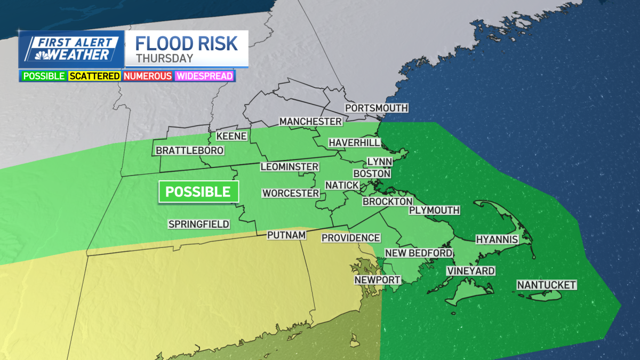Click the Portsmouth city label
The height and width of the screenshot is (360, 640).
[x=377, y=108]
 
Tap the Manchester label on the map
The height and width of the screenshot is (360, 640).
[x=310, y=122]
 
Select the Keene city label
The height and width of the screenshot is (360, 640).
[x=231, y=136]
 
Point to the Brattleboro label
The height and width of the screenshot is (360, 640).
[x=189, y=151]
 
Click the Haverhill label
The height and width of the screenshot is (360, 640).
[x=354, y=142]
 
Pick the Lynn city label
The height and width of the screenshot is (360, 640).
[x=380, y=162]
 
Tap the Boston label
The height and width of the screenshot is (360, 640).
[x=372, y=173]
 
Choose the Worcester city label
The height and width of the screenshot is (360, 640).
[x=291, y=193]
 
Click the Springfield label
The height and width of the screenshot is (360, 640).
[x=199, y=224]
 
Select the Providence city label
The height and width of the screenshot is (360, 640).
[x=351, y=238]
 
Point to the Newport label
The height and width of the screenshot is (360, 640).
[x=378, y=279]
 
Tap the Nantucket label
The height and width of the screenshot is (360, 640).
[x=547, y=285]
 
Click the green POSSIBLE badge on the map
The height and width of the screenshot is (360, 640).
[x=198, y=191]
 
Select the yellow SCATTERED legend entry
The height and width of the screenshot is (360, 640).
[x=94, y=76]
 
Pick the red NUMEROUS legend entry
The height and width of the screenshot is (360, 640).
[x=148, y=76]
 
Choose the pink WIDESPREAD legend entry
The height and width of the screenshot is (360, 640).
[x=205, y=76]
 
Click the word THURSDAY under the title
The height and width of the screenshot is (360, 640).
[x=164, y=58]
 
